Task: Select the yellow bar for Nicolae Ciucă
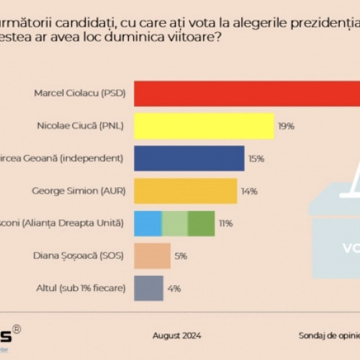(x=204, y=126)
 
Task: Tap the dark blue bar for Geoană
(x=189, y=158)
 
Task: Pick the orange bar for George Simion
(x=186, y=191)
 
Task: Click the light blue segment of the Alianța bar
(x=148, y=223)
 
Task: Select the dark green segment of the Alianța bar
(x=202, y=223)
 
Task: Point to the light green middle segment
(x=175, y=223)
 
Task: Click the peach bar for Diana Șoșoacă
(x=153, y=256)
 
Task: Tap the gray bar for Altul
(x=149, y=288)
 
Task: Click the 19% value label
(x=286, y=126)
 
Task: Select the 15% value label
(x=256, y=158)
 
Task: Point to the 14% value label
(x=249, y=191)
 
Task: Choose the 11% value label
(x=226, y=223)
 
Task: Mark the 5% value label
(x=181, y=256)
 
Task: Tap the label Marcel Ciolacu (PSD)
(x=79, y=93)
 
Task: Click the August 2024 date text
(x=177, y=336)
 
